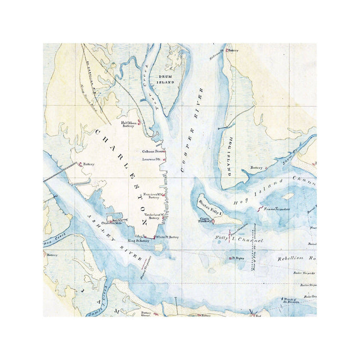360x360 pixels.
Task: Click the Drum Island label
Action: click(166, 79)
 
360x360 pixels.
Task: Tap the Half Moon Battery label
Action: click(129, 124)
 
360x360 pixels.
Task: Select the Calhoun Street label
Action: click(154, 151)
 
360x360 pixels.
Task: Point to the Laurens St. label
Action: click(151, 160)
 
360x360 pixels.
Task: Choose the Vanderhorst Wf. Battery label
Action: click(152, 216)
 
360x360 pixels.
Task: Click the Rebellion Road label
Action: click(298, 258)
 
